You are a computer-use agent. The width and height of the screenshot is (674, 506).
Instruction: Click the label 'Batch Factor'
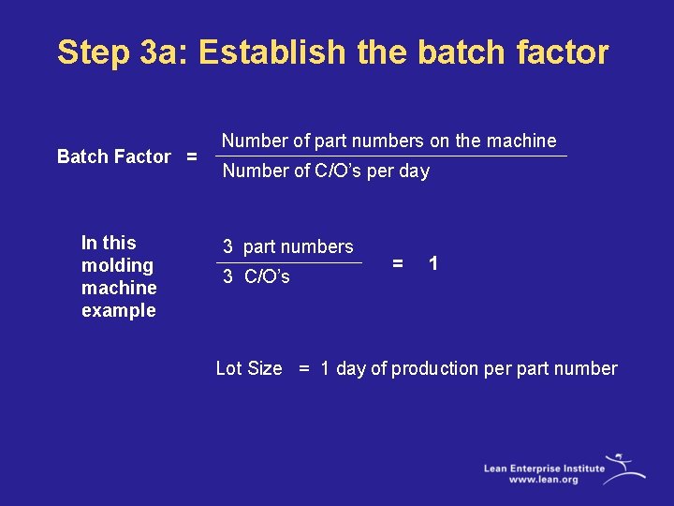114,156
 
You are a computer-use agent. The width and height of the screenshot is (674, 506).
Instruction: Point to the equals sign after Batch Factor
191,156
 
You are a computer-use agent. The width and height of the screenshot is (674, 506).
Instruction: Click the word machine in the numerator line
522,141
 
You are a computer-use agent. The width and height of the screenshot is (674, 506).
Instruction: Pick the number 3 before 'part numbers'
227,247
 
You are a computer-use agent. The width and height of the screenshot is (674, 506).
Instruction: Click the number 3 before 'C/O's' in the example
227,277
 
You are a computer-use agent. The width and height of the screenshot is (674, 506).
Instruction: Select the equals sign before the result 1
398,264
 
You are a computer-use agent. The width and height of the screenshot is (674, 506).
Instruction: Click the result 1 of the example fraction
432,264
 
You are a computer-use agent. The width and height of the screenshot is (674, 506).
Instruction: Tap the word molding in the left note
117,265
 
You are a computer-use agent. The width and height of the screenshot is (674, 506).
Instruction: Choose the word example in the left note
119,311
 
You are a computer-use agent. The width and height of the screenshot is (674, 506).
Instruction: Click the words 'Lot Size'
249,369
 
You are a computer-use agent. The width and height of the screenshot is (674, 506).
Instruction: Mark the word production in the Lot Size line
434,369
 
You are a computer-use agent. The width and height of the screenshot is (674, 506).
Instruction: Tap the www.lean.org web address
544,480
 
